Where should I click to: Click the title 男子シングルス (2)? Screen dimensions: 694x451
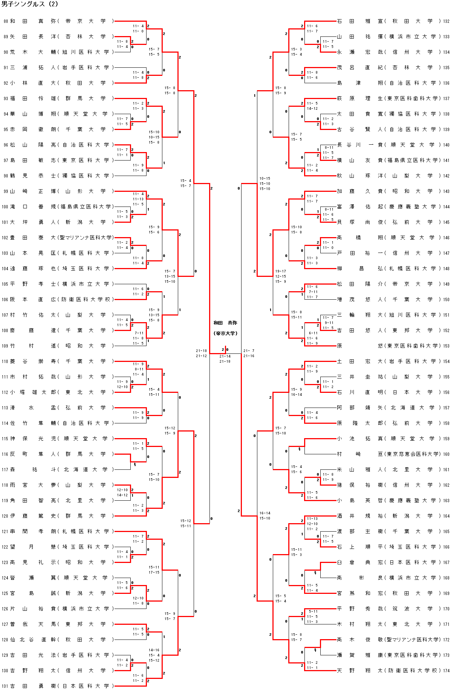tap(30, 4)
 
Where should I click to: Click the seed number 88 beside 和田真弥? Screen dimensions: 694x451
tap(6, 21)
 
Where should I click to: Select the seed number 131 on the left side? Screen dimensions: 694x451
tap(4, 686)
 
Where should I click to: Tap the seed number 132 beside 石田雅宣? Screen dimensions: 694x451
tap(446, 21)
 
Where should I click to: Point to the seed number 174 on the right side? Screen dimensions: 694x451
tap(446, 670)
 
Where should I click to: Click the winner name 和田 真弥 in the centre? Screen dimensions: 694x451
tap(225, 323)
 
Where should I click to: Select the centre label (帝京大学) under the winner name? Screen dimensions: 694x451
tap(225, 333)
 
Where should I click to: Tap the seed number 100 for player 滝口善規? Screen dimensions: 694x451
tap(4, 207)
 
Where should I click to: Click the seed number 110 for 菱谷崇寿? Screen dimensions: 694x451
tap(4, 362)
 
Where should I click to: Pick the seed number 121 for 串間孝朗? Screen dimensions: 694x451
tap(4, 532)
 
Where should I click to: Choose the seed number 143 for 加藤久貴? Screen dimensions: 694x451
tap(446, 191)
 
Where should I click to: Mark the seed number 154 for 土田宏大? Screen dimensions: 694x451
tap(446, 362)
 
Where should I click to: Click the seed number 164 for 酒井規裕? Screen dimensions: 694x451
tap(446, 516)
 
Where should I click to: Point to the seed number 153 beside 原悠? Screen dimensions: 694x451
tap(446, 346)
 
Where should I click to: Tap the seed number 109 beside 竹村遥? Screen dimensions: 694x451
tap(4, 346)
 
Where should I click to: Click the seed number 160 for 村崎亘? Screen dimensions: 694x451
tap(446, 454)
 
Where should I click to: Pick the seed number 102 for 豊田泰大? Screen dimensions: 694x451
tap(4, 238)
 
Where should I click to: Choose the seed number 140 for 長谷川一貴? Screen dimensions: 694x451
tap(446, 145)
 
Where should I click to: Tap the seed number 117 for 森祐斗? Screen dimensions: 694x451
tap(4, 470)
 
